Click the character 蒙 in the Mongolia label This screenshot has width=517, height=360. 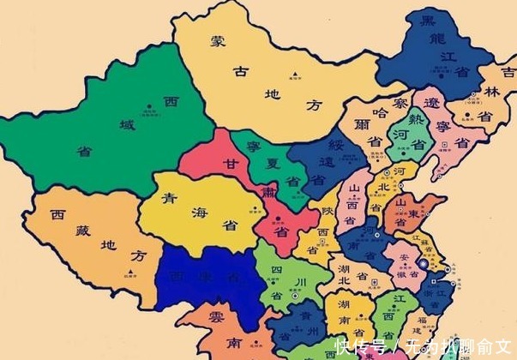pyautogui.click(x=218, y=40)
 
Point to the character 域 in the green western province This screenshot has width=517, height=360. pyautogui.click(x=128, y=126)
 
